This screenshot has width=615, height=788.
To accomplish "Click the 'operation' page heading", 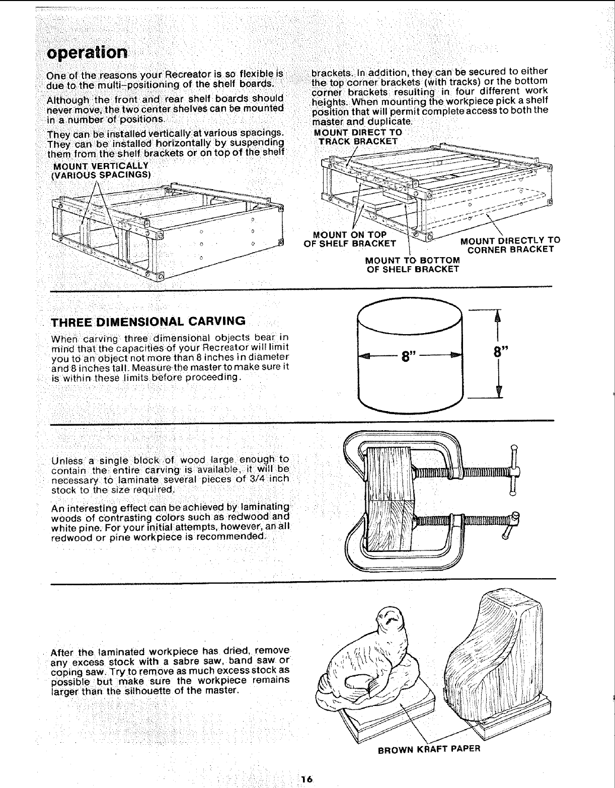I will click(87, 52).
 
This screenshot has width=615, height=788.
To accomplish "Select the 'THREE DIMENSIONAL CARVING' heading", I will click(149, 321).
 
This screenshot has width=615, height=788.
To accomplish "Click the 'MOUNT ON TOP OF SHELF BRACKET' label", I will click(350, 240).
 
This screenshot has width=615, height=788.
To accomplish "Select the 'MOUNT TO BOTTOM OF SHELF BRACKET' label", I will click(412, 264).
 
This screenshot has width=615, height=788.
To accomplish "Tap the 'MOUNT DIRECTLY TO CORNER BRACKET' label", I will click(510, 245).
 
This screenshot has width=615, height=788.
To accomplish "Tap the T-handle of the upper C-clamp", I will click(513, 471).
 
